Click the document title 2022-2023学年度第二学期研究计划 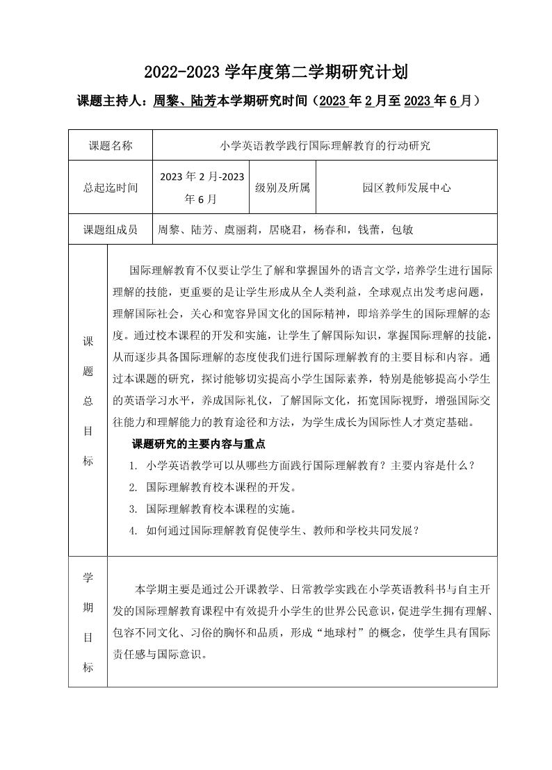tap(275, 72)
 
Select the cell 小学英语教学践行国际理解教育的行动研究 tap(325, 146)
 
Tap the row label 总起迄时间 tap(111, 187)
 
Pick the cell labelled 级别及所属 tap(282, 187)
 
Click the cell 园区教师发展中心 tap(407, 187)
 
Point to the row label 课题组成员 tap(111, 229)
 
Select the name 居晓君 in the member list tap(284, 229)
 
